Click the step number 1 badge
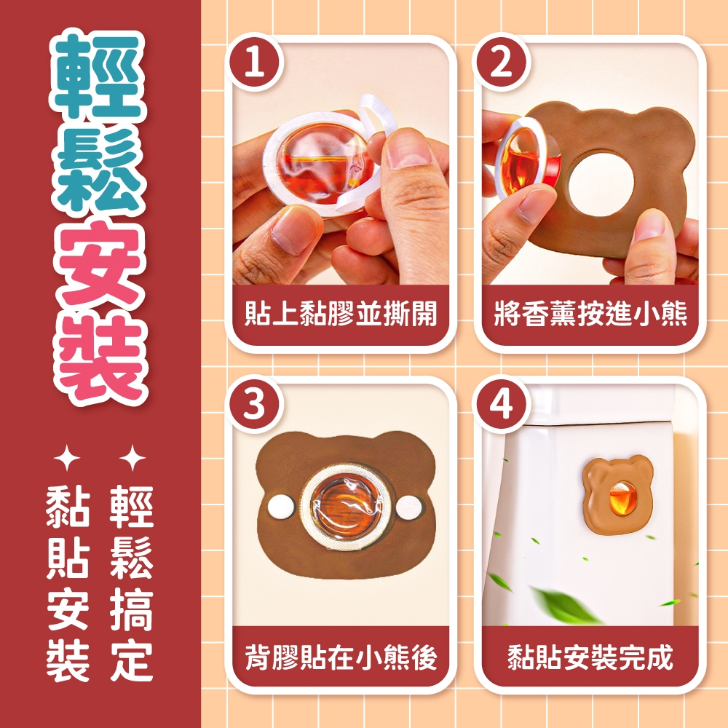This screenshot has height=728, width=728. point(254,63)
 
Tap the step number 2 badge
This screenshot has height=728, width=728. point(501,63)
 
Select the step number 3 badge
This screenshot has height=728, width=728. point(254,404)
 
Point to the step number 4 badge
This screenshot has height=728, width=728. point(501,404)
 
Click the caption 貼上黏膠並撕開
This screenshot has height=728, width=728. point(341,313)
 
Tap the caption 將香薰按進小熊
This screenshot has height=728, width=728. point(590,313)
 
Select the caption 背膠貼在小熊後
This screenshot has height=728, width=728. point(341,657)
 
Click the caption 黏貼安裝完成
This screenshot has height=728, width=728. point(590,657)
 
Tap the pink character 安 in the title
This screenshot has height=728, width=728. point(99,262)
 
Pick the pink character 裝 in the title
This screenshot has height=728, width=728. point(100,357)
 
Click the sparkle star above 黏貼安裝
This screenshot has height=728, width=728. point(67,458)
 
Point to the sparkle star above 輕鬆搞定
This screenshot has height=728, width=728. point(132,458)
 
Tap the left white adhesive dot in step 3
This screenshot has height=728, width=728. point(281,507)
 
